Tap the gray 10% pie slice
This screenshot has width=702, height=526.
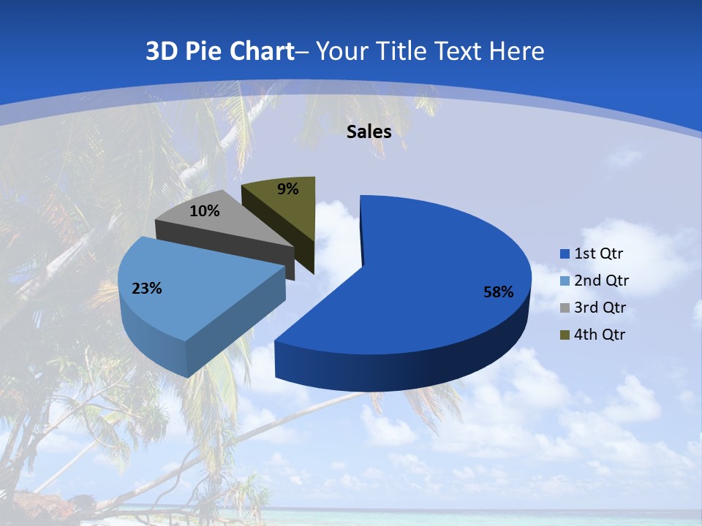tap(234, 226)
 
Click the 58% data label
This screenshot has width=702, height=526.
tap(498, 292)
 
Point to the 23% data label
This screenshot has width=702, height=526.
tap(147, 289)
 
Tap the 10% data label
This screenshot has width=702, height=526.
tap(205, 211)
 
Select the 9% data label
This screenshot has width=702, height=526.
tap(288, 189)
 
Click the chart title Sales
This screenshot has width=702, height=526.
tap(369, 131)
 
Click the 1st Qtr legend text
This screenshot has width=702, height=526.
tap(598, 254)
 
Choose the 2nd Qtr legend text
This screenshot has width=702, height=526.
tap(601, 281)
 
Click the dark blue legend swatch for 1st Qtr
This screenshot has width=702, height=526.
tap(565, 254)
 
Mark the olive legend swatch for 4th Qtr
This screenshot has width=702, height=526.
tap(565, 335)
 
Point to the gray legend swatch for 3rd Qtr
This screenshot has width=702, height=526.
tap(565, 308)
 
